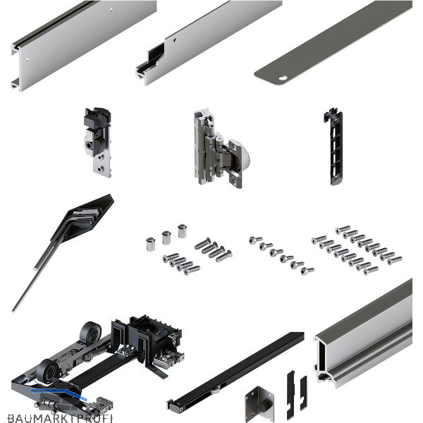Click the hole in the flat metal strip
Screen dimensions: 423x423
(283, 78)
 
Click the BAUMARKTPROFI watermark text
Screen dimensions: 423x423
(60, 418)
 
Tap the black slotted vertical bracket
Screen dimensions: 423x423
(334, 147)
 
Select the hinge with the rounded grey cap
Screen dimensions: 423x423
(221, 149)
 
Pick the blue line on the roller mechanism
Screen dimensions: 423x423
(59, 393)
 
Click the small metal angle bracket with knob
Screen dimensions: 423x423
(259, 404)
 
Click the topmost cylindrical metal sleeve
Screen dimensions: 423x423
(183, 231)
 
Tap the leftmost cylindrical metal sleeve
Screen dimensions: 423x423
(151, 245)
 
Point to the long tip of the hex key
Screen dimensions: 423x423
(13, 309)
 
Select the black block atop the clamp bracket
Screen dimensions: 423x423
(97, 118)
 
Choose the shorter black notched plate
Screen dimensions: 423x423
(303, 393)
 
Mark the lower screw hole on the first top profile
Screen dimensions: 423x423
(27, 59)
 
